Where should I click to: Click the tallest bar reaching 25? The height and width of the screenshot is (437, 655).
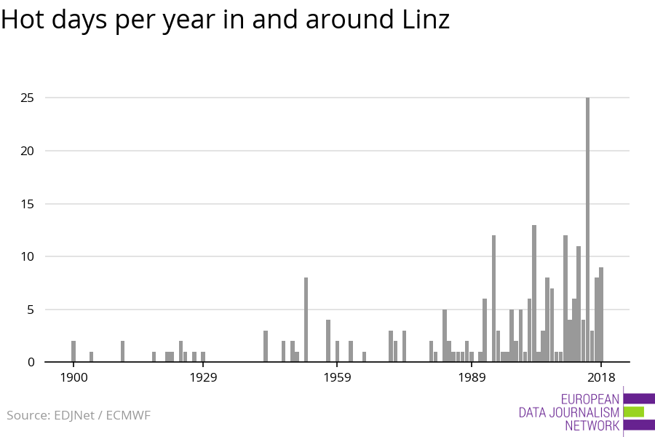587,229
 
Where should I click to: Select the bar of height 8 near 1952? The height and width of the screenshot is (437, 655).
306,320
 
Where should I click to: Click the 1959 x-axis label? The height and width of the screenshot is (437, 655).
337,377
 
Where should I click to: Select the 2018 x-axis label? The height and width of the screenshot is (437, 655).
601,377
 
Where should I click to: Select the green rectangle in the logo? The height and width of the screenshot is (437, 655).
633,412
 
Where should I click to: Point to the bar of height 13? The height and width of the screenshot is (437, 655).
534,294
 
